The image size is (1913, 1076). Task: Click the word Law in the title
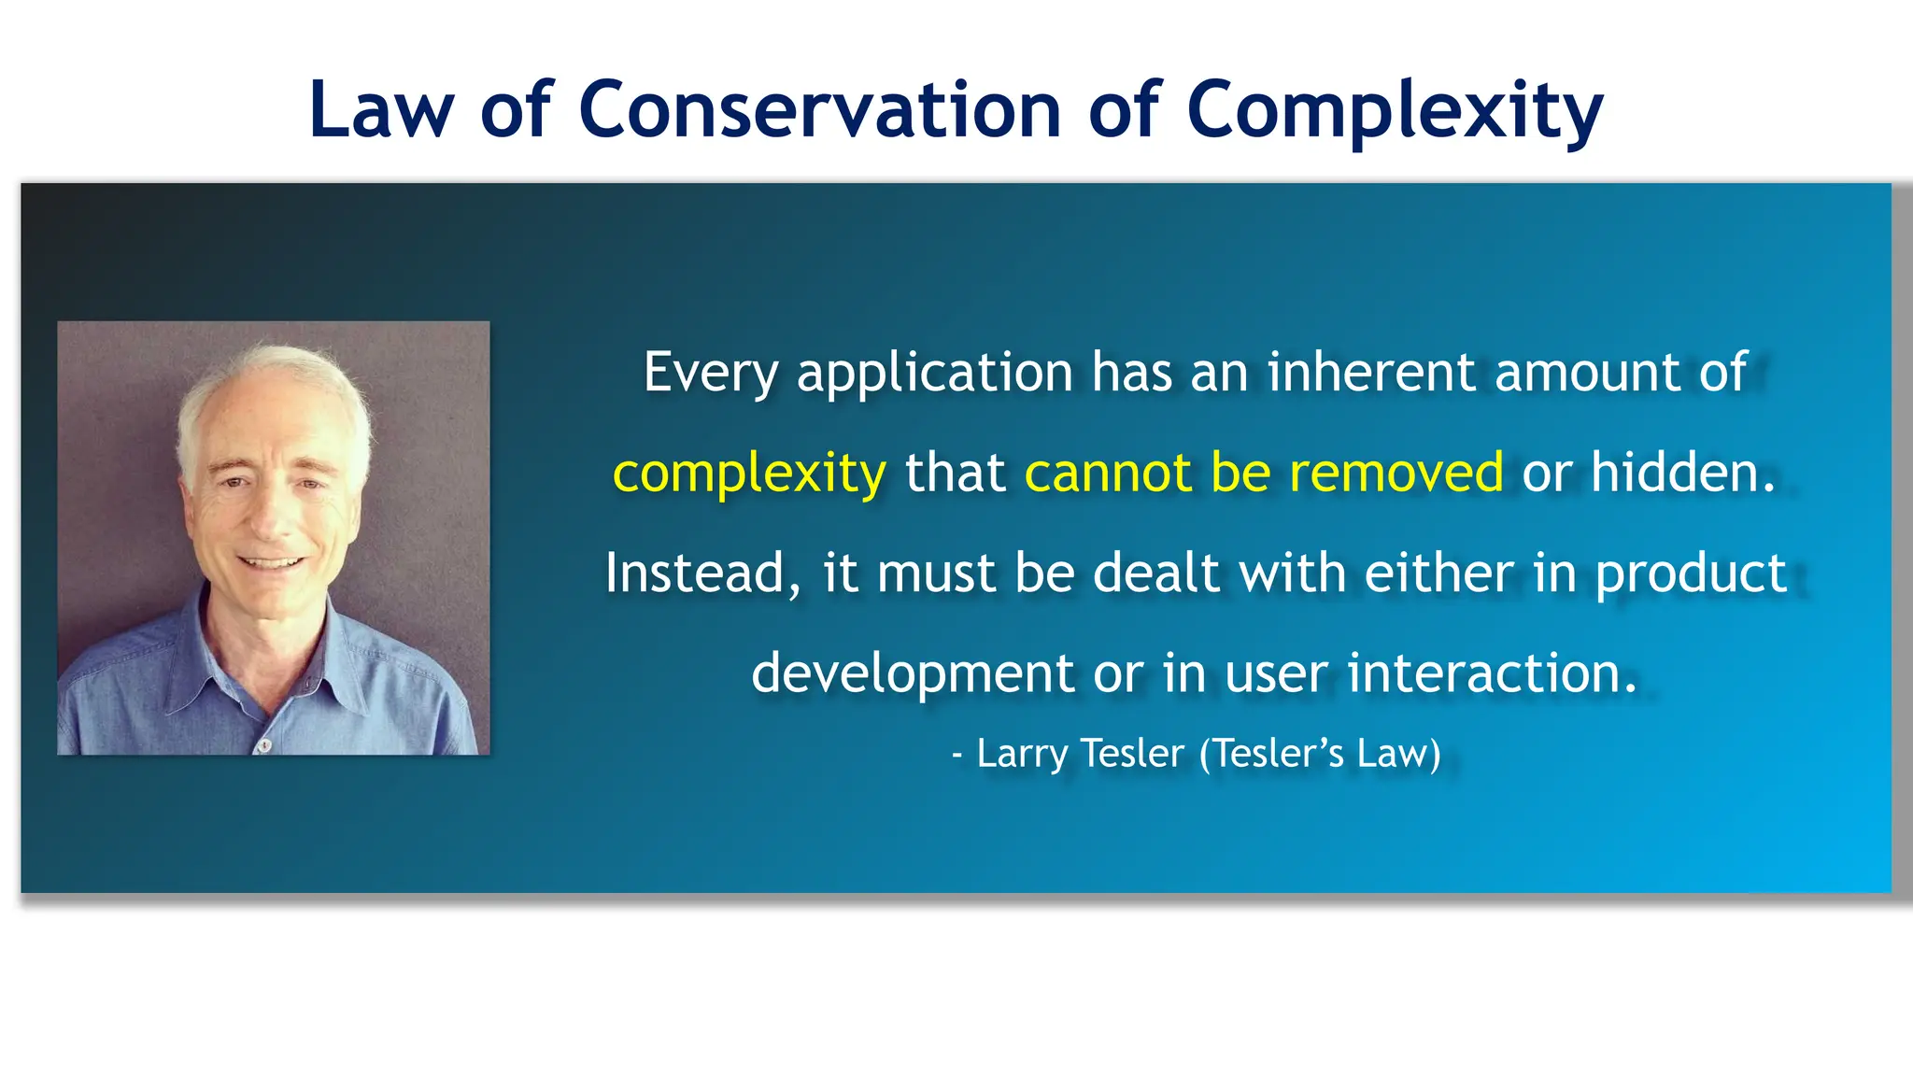tap(380, 110)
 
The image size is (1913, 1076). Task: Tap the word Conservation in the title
tap(820, 110)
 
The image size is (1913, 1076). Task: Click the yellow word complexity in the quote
tap(749, 474)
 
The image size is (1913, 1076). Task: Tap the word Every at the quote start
tap(710, 373)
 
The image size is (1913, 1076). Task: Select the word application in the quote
tap(935, 373)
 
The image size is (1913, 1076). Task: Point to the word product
tap(1691, 574)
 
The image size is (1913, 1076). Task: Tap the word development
tap(913, 673)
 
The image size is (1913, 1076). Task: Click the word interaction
tap(1491, 672)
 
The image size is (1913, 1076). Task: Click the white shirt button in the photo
tap(264, 744)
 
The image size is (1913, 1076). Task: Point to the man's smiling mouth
tap(271, 563)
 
